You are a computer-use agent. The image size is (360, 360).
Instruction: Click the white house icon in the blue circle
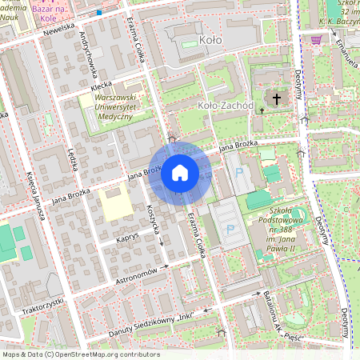(180, 172)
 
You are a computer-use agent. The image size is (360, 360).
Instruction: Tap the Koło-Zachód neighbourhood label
(225, 105)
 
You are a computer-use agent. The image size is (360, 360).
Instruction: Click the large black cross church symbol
(277, 99)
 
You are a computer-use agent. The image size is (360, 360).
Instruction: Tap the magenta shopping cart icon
(317, 39)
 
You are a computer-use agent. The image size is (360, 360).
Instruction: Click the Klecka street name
(101, 84)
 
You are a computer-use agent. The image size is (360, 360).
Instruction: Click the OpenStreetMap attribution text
(80, 354)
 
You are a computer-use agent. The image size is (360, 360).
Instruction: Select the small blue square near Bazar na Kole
(98, 12)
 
